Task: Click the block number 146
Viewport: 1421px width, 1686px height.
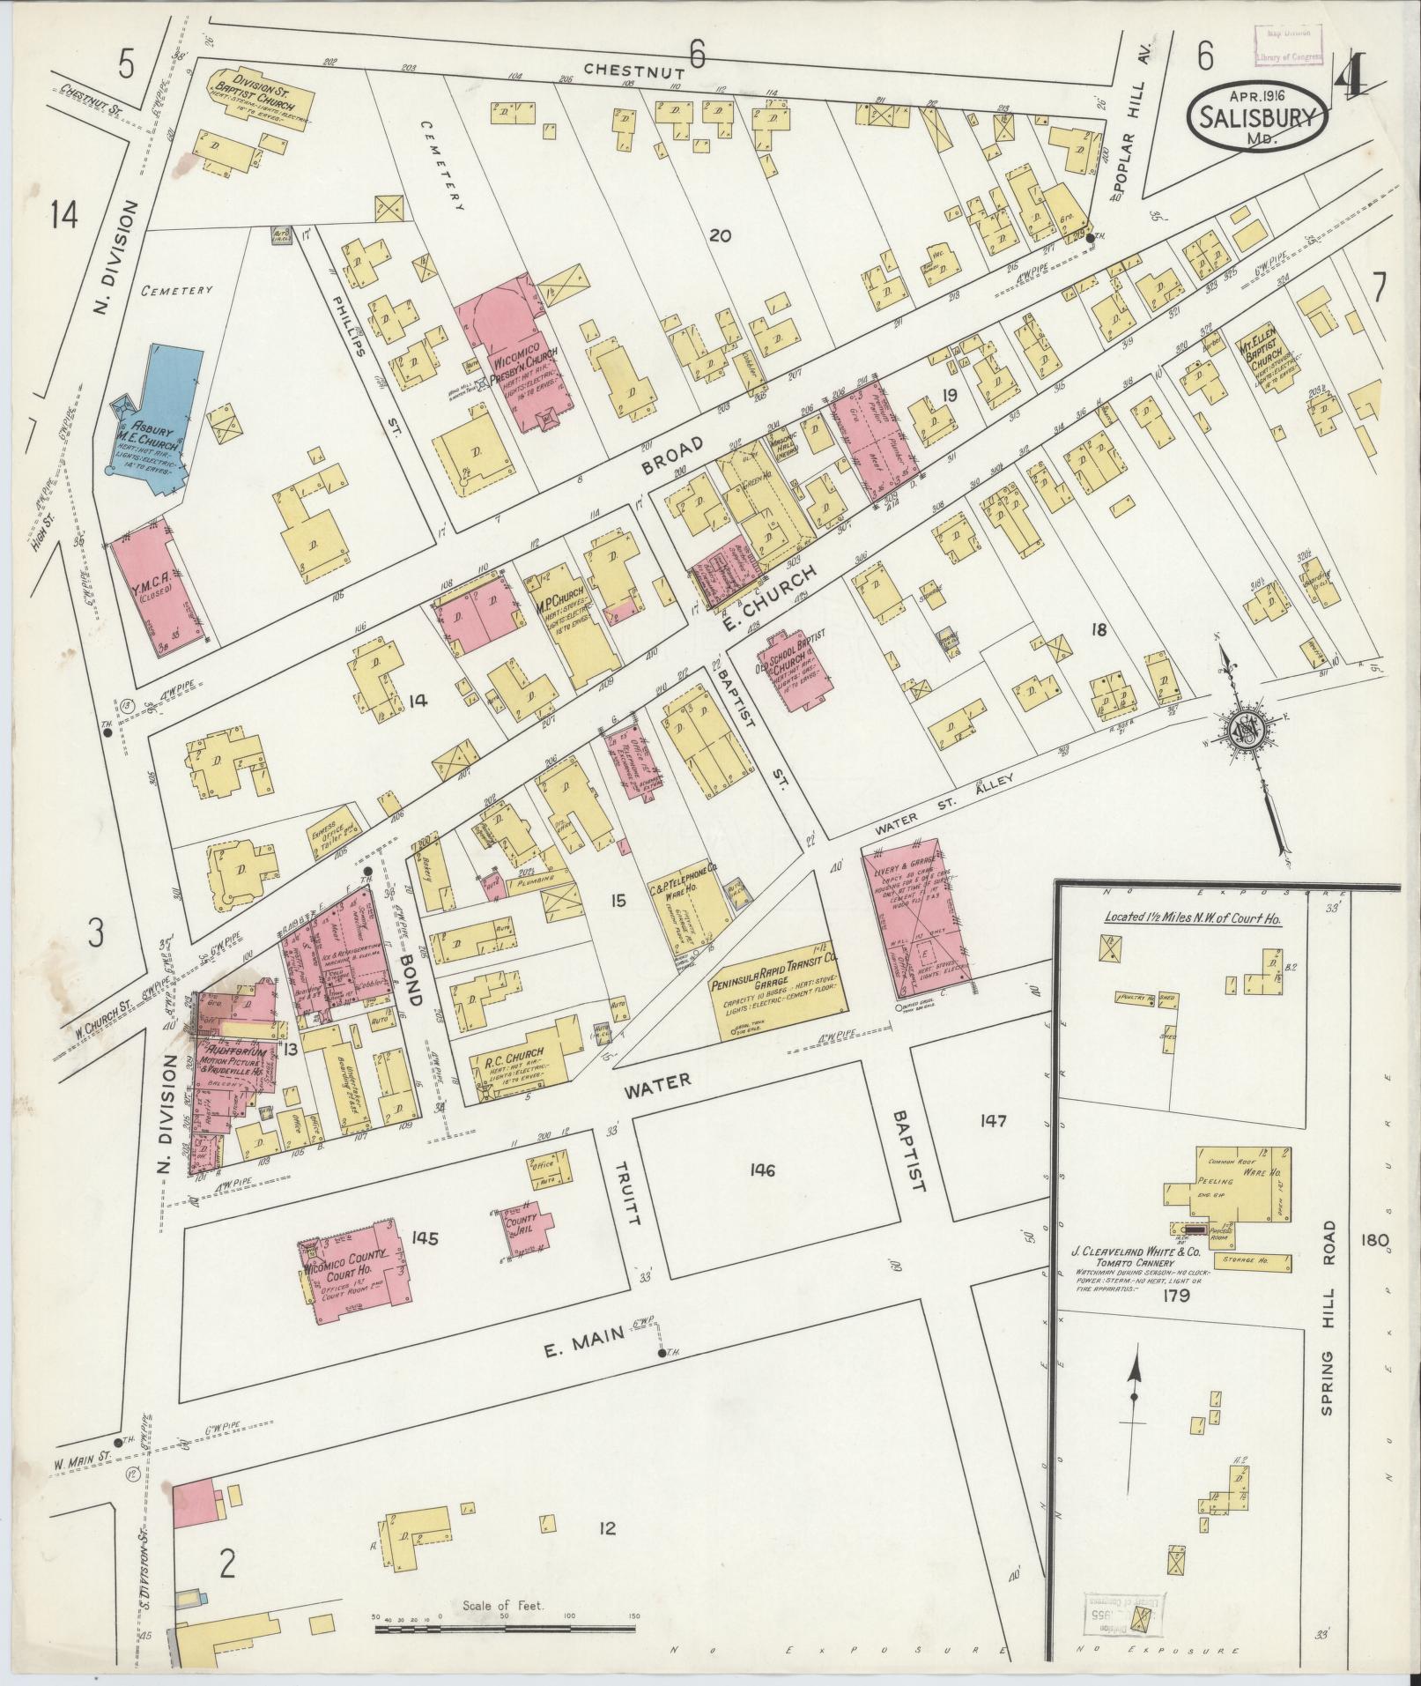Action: (762, 1170)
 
